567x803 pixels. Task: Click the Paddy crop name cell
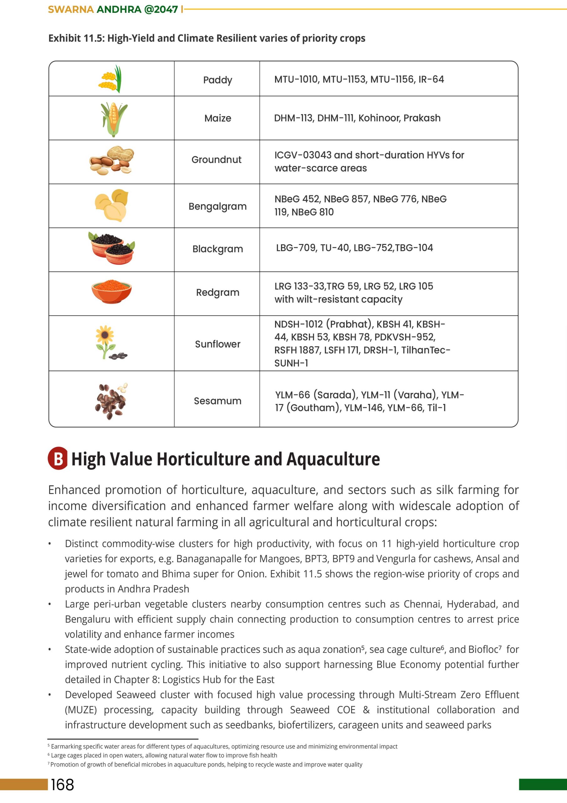click(x=217, y=80)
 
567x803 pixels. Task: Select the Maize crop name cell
click(x=217, y=118)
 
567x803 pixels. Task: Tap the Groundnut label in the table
click(x=216, y=160)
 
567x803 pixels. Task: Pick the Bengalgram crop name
click(x=217, y=206)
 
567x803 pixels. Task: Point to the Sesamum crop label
click(x=217, y=401)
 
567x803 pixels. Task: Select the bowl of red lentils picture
click(x=112, y=291)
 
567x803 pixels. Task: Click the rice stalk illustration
click(x=111, y=79)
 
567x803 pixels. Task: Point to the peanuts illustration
click(x=112, y=161)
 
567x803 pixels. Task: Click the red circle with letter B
click(x=58, y=458)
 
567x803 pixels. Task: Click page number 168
click(x=63, y=784)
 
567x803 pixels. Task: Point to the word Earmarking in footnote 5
click(x=65, y=746)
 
